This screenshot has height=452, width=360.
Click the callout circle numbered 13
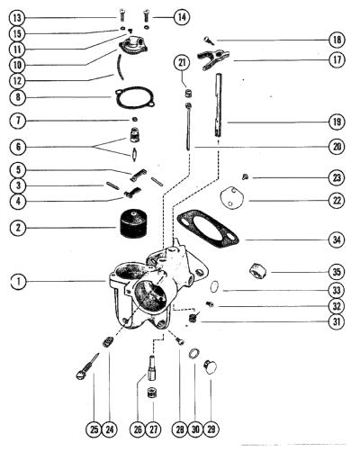[x=17, y=18]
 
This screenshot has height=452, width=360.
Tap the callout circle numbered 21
[x=182, y=63]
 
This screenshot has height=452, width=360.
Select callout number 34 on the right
[x=337, y=240]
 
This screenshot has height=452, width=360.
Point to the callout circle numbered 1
[x=18, y=282]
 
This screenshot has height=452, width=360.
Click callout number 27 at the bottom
[x=153, y=429]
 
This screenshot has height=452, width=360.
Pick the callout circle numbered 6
[x=18, y=147]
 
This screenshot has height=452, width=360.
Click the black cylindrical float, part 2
[x=132, y=224]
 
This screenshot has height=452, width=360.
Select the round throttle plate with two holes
[x=231, y=198]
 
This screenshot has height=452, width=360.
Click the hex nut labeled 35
[x=257, y=270]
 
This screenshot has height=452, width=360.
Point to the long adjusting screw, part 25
[x=87, y=366]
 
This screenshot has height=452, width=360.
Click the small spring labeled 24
[x=108, y=342]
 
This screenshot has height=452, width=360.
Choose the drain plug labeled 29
[x=210, y=367]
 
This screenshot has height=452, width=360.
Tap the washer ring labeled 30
[x=193, y=353]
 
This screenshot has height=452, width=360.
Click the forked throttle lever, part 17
[x=212, y=59]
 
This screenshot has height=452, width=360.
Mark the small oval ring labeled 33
[x=214, y=286]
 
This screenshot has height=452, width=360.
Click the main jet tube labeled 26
[x=152, y=367]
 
